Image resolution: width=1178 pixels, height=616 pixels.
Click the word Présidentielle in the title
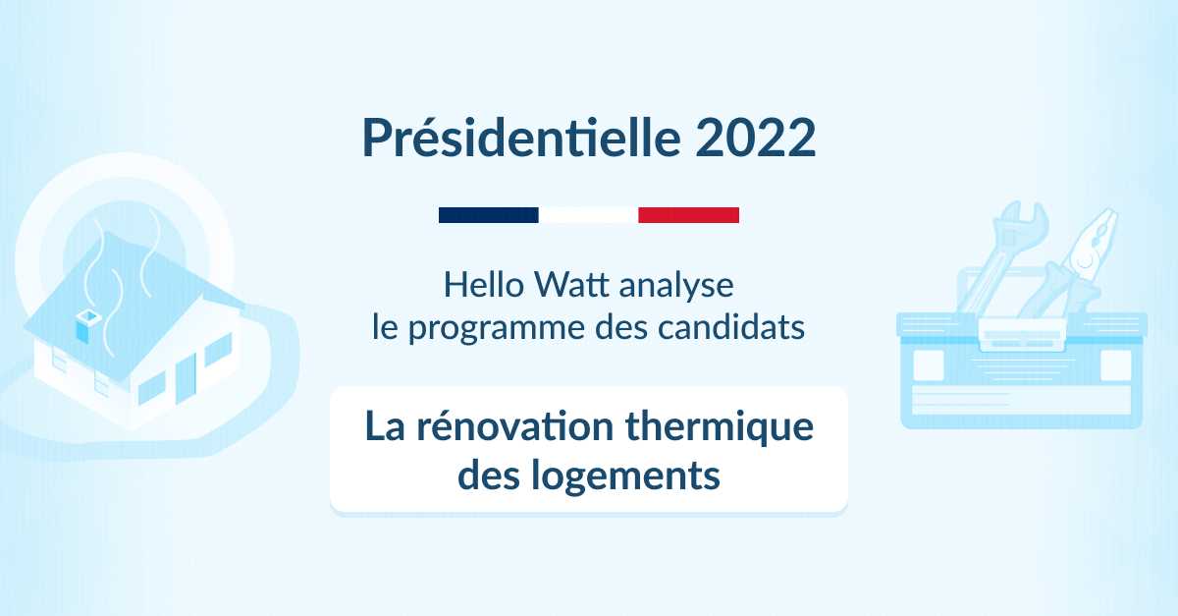click(521, 138)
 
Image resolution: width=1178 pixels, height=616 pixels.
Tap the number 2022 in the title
click(756, 138)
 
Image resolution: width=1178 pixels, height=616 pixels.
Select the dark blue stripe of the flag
click(489, 215)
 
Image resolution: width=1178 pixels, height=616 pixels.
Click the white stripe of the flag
click(588, 215)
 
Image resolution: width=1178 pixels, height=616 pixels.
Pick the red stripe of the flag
click(688, 215)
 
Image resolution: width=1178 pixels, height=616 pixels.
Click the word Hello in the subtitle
click(484, 285)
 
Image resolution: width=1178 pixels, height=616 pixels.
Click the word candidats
click(731, 327)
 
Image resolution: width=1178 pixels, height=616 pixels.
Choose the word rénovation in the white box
click(514, 425)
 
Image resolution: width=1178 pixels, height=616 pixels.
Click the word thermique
click(720, 427)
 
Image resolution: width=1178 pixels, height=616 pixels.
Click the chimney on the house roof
click(87, 326)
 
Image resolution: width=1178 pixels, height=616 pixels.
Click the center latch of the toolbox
click(1022, 334)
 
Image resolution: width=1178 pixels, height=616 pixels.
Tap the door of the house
click(186, 378)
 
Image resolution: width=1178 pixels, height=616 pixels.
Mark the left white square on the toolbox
click(929, 364)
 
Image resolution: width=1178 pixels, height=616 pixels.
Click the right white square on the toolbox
click(1116, 364)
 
